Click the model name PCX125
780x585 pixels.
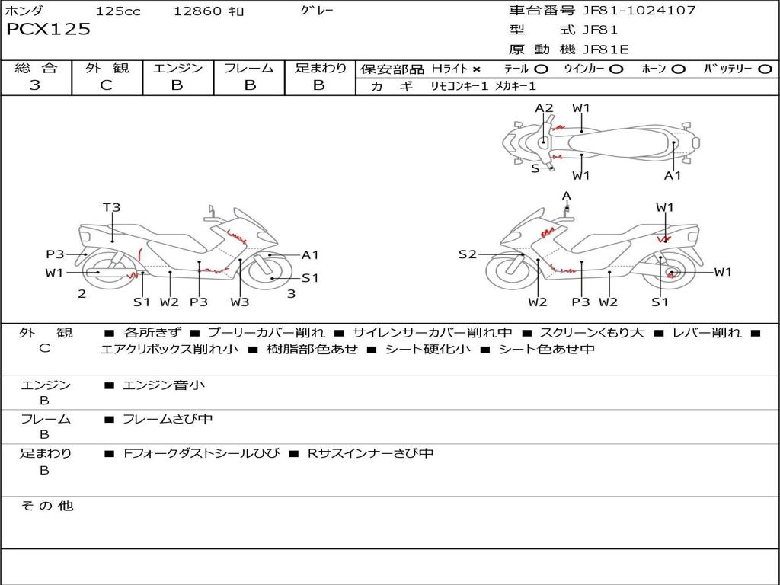tap(49, 30)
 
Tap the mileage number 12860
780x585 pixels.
tap(197, 11)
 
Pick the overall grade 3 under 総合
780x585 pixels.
tap(35, 85)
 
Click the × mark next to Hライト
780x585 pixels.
tap(477, 69)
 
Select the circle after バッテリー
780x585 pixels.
tap(765, 69)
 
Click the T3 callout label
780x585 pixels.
tap(112, 207)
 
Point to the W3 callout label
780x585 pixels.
tap(240, 302)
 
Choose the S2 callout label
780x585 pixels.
tap(467, 254)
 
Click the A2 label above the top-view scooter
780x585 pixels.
tap(544, 108)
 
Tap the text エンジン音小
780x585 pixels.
tap(164, 385)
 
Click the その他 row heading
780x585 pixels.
tap(46, 506)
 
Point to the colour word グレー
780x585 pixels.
tap(317, 11)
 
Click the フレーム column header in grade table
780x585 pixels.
tap(249, 68)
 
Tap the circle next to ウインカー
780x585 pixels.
tap(615, 69)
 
